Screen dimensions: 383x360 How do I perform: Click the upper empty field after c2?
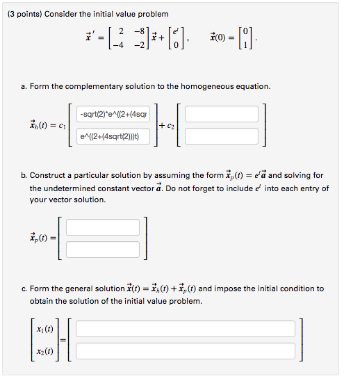(221, 114)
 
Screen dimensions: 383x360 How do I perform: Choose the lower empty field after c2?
(221, 136)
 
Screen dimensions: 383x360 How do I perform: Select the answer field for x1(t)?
(186, 329)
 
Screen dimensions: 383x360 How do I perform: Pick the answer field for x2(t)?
(186, 350)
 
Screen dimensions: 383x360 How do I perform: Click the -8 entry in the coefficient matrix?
(142, 31)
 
